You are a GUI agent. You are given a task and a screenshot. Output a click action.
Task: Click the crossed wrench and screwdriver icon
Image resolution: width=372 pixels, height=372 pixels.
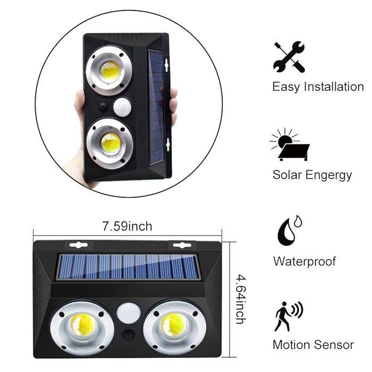coord(289,57)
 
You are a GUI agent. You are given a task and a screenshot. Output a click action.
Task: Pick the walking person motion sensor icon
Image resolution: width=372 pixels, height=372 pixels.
coord(289,316)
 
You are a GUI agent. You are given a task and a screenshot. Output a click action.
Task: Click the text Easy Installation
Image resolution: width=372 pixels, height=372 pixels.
coord(318,87)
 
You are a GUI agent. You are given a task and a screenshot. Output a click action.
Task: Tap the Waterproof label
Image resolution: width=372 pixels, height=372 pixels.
coord(305,261)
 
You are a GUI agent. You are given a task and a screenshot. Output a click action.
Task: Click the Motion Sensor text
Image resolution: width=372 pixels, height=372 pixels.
coord(313,344)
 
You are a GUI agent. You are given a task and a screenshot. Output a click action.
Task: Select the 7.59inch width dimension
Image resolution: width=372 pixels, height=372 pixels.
coord(128,226)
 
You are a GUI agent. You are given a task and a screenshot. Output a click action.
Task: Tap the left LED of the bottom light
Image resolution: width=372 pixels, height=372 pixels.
coord(82,324)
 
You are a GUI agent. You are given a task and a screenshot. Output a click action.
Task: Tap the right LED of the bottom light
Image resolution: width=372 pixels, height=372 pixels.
coord(172,324)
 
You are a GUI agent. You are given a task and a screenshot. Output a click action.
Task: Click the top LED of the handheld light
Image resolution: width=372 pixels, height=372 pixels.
coord(109,71)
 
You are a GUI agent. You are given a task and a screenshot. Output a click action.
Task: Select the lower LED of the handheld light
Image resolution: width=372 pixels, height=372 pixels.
coord(110,143)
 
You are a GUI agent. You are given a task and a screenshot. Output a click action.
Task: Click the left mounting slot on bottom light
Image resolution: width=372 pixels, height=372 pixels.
coord(78,245)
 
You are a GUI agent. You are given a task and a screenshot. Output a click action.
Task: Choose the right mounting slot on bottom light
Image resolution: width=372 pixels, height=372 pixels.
coord(182,245)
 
